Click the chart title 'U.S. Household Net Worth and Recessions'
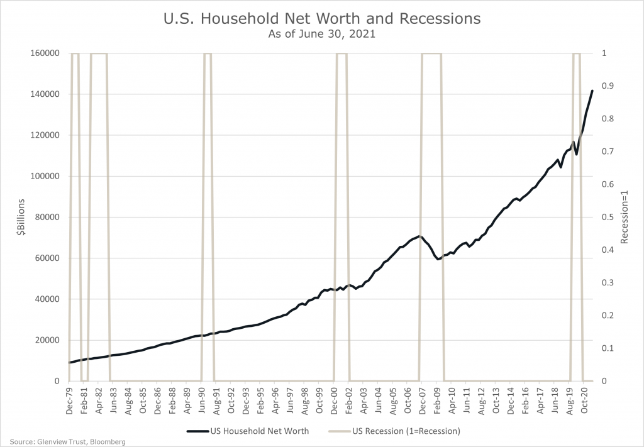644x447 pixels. pyautogui.click(x=321, y=19)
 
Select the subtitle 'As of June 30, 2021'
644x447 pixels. pyautogui.click(x=321, y=35)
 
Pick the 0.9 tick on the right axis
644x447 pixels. pyautogui.click(x=608, y=86)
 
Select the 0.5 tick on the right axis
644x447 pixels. pyautogui.click(x=608, y=217)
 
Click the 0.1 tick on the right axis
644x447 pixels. pyautogui.click(x=608, y=348)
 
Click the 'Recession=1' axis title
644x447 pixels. pyautogui.click(x=625, y=217)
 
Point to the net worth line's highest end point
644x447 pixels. pyautogui.click(x=592, y=91)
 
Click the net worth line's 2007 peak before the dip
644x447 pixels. pyautogui.click(x=419, y=236)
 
